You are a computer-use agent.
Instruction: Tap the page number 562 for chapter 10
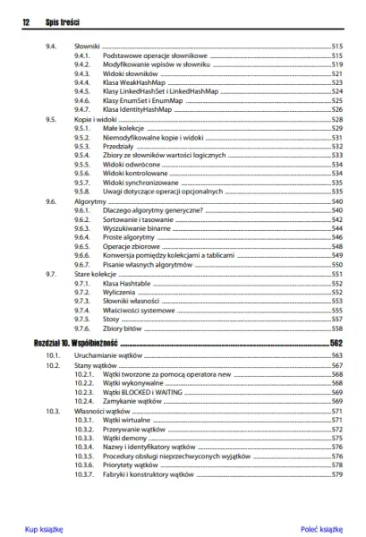coord(336,343)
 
